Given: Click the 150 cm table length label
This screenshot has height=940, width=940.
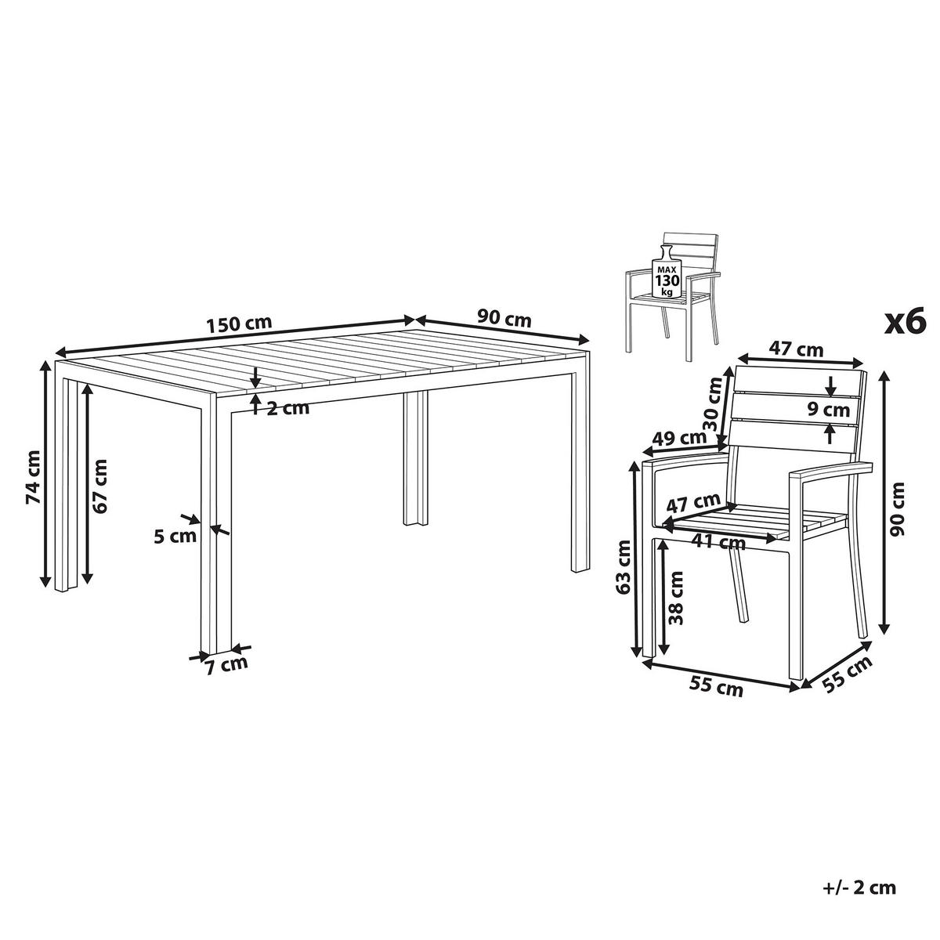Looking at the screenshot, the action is coord(239,324).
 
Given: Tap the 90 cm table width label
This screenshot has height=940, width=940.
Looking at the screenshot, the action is coord(504,319).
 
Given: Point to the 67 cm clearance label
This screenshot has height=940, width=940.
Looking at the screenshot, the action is coord(99,486).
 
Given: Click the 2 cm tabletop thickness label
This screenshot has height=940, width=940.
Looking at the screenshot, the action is coord(288,407).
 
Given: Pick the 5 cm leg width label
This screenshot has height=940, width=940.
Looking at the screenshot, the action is coord(175,536).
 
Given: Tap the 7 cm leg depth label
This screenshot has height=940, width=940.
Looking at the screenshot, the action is coord(226,664).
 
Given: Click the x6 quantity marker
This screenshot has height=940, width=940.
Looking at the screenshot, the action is coord(905,323).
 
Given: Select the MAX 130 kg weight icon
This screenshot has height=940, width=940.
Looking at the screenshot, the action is coord(667,275).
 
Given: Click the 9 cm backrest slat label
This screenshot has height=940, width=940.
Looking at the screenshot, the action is coord(828,410).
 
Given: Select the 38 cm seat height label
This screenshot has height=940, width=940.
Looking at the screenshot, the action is coord(675,598).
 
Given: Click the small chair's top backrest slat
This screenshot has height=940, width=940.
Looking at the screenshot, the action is coord(691,240).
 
